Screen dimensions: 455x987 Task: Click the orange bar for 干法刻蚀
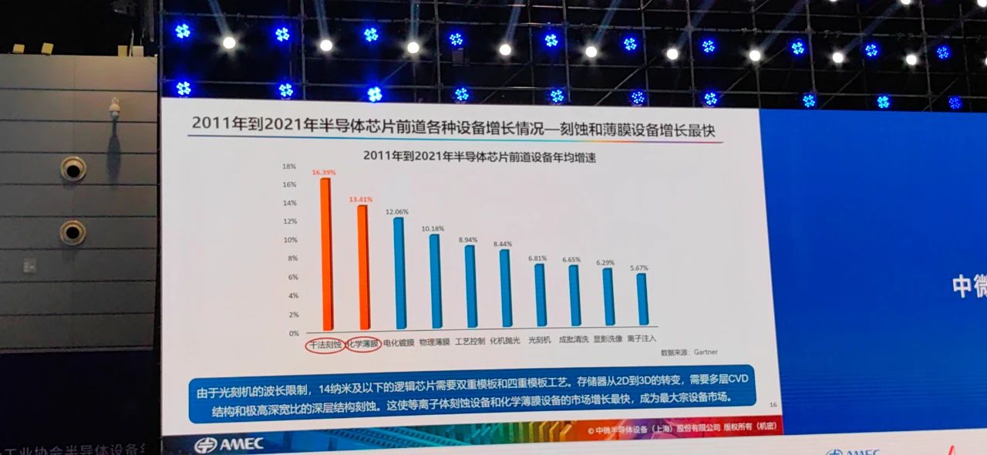click(x=325, y=254)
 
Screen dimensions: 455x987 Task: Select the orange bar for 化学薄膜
click(x=362, y=266)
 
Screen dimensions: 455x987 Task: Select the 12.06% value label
click(x=396, y=211)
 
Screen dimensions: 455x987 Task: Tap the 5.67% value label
click(x=638, y=268)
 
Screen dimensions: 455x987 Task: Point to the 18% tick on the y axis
click(x=289, y=166)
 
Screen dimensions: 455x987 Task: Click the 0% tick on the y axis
click(x=293, y=333)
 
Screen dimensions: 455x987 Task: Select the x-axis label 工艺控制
click(x=470, y=341)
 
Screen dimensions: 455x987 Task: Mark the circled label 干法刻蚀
click(x=325, y=345)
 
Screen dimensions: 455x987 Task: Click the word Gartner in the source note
click(x=705, y=352)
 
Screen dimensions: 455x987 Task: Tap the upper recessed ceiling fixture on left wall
click(x=73, y=167)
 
